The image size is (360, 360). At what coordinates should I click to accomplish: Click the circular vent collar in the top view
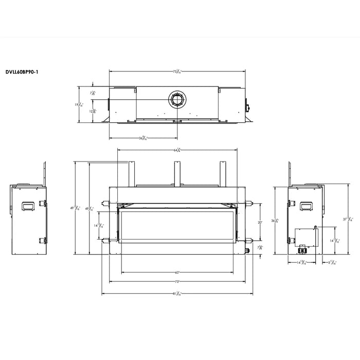[x=176, y=99]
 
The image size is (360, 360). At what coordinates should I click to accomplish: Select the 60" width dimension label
[x=176, y=273]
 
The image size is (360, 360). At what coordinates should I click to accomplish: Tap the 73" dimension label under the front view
[x=176, y=282]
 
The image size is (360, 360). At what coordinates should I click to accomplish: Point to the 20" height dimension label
[x=260, y=222]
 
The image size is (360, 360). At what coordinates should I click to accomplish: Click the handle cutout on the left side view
[x=27, y=206]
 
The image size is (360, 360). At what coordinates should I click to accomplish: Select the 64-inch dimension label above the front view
[x=176, y=150]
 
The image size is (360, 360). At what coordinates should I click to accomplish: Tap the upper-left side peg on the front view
[x=105, y=202]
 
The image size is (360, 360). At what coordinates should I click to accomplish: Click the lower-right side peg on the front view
[x=249, y=240]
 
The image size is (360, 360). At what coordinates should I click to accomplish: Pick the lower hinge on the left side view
[x=44, y=240]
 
